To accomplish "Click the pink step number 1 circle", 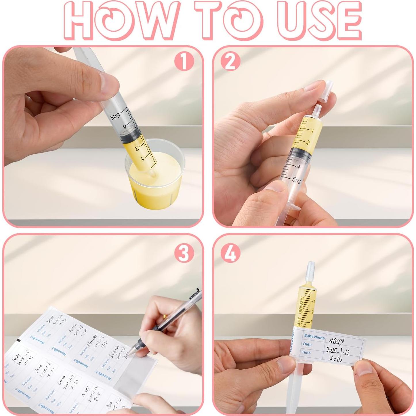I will coord(184,62).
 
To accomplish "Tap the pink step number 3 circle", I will coord(184,254).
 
